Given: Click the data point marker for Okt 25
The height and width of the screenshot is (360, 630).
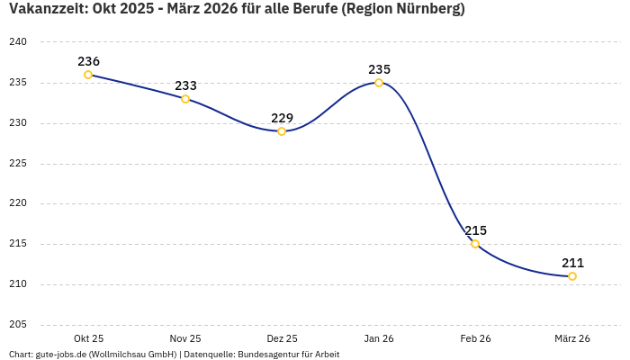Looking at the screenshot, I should click(x=88, y=75).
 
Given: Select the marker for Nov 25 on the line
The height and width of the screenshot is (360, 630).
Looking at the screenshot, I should click(x=185, y=99).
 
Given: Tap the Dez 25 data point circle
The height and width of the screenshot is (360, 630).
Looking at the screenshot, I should click(x=282, y=131).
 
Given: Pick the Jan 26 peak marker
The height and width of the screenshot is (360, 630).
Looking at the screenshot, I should click(x=379, y=83).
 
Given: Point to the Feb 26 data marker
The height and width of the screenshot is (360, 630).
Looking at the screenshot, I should click(x=475, y=244).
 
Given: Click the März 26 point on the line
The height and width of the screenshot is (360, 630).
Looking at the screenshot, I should click(x=572, y=276).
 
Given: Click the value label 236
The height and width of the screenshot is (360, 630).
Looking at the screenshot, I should click(x=88, y=61).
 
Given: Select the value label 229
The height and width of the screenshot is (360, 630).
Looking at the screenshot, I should click(x=282, y=118).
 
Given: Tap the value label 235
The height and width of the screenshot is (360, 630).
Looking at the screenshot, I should click(x=379, y=69).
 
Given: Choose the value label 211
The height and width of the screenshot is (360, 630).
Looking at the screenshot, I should click(x=572, y=263).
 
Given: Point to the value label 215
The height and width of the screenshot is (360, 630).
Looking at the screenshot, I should click(x=475, y=230).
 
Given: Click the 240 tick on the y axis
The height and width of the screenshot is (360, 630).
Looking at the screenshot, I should click(x=19, y=42).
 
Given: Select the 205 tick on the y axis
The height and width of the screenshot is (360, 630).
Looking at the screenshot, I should click(x=19, y=325).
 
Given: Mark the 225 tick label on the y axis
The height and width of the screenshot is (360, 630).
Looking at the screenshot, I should click(x=19, y=164).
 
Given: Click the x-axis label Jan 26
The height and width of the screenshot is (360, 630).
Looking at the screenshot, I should click(x=379, y=338).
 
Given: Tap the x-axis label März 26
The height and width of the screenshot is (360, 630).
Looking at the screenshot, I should click(x=572, y=338).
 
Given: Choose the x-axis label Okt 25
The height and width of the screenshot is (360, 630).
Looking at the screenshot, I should click(x=88, y=338).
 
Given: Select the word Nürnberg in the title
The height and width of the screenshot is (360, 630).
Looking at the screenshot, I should click(x=427, y=10).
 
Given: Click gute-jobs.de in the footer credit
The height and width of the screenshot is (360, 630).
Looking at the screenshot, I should click(x=60, y=355).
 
